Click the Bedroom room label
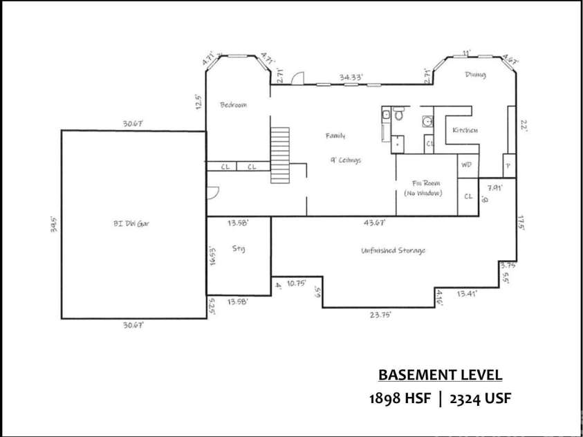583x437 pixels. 233,105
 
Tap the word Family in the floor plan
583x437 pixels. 335,136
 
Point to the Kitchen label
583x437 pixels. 465,131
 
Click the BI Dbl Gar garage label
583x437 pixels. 131,223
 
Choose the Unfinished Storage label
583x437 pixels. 393,250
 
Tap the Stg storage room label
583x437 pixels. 239,248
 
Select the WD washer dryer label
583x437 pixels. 466,165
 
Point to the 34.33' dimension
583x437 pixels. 351,77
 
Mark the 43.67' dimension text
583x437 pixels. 375,223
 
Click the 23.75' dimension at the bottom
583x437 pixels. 382,315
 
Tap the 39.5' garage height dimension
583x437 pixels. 53,224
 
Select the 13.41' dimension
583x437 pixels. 468,294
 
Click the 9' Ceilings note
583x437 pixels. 346,160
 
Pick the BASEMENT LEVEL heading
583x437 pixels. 440,375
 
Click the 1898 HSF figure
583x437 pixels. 402,399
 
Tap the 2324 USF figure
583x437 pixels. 480,399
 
